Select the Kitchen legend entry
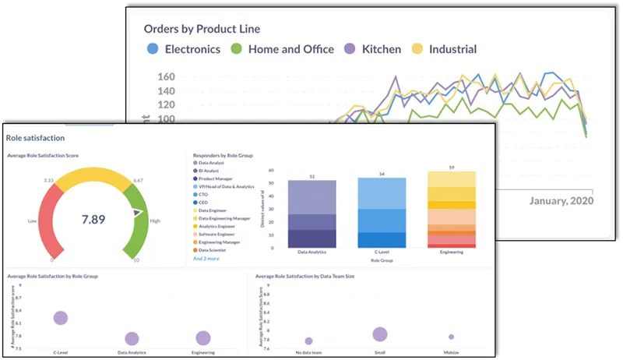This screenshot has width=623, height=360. pos(370,49)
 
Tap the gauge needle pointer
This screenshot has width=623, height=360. pos(138,212)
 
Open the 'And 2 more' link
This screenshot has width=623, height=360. pos(206,258)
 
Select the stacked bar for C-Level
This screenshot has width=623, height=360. pos(382,213)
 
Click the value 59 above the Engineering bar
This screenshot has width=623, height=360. pos(452,167)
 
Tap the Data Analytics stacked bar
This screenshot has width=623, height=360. pos(311,214)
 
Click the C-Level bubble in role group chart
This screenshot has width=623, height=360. pos(60,317)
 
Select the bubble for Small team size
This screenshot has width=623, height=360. pos(380,334)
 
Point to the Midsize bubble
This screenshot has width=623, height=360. pos(451,337)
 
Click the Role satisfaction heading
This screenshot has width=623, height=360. pos(30,137)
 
